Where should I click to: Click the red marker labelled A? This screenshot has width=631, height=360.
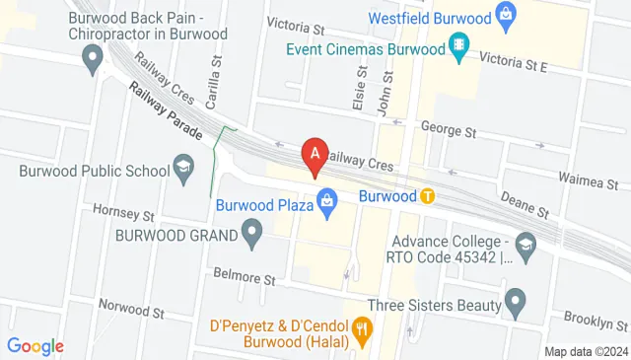coord(315,156)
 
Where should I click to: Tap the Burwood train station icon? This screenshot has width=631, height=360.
coord(427,195)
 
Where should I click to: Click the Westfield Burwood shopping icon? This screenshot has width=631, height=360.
coord(506,16)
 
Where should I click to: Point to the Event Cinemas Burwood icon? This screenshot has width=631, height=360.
coord(457,46)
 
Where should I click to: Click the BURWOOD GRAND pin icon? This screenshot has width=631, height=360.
coord(252,235)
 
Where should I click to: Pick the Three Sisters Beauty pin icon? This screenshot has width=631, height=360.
coord(514,299)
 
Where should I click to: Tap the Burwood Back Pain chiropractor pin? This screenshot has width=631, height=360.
coord(94,62)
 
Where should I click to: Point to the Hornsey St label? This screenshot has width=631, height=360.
coord(124,213)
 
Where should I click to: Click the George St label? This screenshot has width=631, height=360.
coord(449,129)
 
